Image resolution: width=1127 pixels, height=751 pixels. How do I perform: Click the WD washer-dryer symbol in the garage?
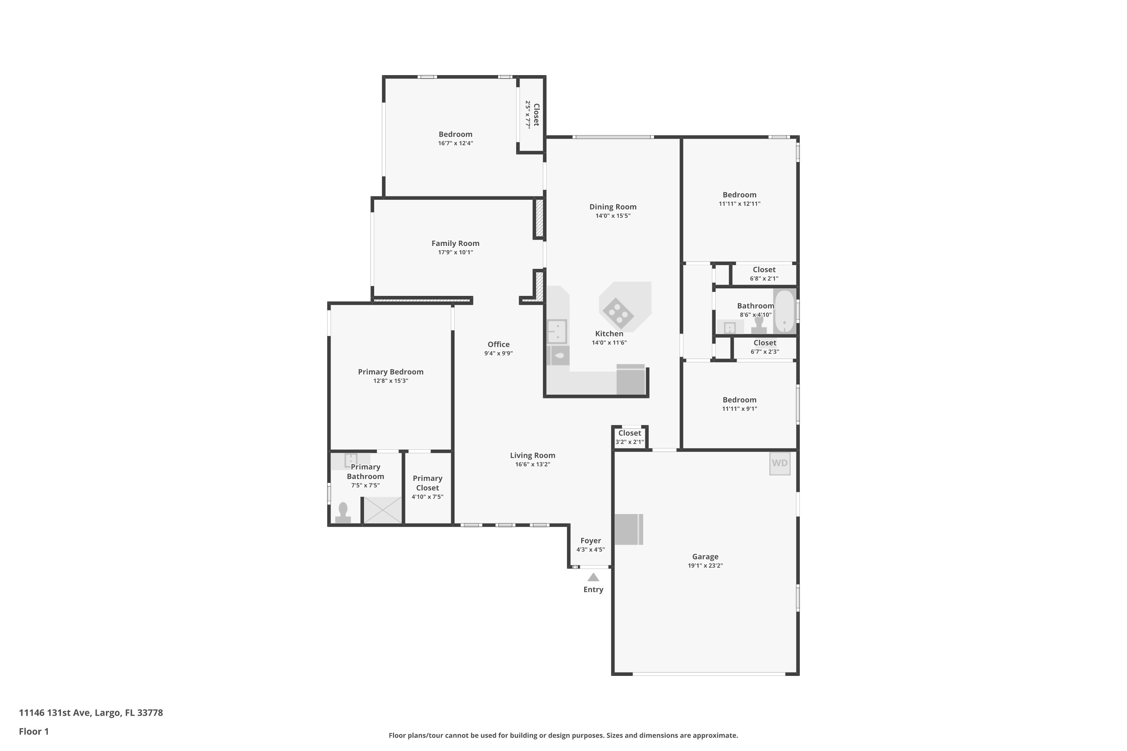click(780, 463)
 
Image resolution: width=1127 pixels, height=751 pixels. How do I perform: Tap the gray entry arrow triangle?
click(593, 577)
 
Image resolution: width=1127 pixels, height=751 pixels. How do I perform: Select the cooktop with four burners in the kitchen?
click(618, 313)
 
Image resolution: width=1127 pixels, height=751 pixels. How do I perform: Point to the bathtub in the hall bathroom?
click(784, 311)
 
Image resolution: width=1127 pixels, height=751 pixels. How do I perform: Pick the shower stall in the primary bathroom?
click(382, 510)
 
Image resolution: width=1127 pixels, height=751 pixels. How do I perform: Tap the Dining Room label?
click(613, 207)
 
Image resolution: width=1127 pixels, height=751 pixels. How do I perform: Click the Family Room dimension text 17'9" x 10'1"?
click(455, 252)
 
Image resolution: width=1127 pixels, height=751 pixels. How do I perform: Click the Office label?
click(499, 344)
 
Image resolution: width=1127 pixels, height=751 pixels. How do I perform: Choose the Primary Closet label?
click(428, 483)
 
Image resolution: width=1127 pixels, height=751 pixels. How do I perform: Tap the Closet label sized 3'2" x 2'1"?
click(630, 433)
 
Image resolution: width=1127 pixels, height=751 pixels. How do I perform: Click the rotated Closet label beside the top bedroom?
click(536, 115)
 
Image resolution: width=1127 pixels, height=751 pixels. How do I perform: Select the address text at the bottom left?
click(91, 713)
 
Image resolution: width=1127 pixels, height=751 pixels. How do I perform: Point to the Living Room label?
click(532, 455)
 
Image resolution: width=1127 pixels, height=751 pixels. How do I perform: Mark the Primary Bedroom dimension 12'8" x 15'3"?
click(391, 381)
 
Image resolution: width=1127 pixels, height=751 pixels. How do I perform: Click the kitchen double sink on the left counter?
click(557, 332)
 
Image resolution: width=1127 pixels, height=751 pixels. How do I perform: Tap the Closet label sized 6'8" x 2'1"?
click(764, 270)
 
